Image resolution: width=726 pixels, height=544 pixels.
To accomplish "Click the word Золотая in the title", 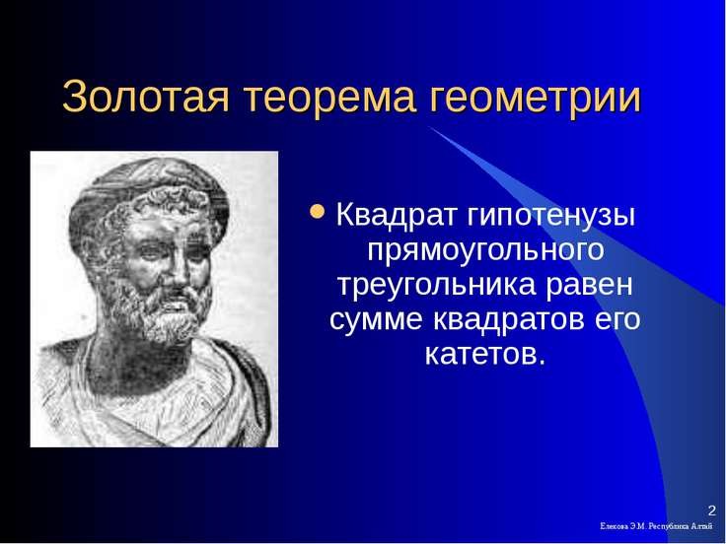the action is point(145,96).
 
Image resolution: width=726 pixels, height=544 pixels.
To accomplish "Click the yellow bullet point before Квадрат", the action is point(318,212).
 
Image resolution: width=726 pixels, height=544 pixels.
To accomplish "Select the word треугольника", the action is point(436,287).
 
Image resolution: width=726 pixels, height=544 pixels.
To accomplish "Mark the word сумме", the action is point(376,320).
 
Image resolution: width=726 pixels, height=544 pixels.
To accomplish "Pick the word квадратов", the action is point(508,318).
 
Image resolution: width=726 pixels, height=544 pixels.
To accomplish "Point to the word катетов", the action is point(485,355).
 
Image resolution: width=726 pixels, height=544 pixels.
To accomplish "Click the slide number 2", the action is point(711,510).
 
